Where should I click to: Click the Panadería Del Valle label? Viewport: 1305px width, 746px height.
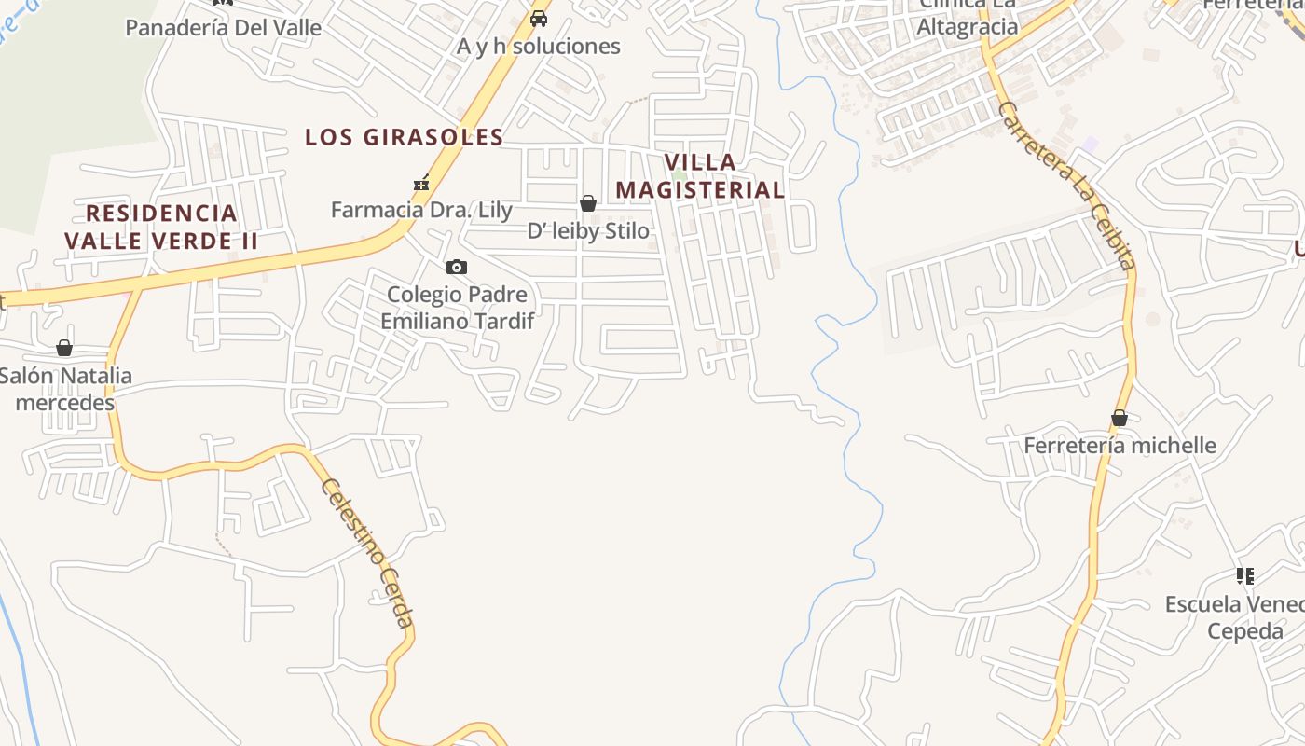tap(223, 27)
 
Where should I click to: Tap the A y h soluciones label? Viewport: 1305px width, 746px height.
tap(538, 46)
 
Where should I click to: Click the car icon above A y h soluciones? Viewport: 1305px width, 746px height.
tap(539, 18)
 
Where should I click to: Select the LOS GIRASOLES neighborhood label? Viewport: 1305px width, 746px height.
tap(405, 137)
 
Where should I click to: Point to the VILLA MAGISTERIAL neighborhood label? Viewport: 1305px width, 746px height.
tap(700, 175)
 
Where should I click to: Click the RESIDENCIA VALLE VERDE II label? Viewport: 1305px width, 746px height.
tap(161, 227)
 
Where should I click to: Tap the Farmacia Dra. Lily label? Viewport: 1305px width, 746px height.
tap(421, 210)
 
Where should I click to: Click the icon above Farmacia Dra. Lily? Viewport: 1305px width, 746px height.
tap(421, 183)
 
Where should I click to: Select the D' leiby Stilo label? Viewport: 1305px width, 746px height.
tap(588, 230)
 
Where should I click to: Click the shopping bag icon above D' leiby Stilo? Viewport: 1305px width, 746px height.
tap(588, 203)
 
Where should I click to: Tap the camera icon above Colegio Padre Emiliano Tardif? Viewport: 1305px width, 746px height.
tap(457, 268)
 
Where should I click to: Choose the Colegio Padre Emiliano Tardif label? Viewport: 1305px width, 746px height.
tap(457, 308)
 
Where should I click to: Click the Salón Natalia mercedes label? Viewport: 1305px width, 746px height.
tap(65, 389)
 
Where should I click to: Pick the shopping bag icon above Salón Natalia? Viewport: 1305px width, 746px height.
tap(64, 348)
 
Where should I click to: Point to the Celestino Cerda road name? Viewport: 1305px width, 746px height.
tap(367, 552)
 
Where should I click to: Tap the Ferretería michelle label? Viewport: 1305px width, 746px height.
tap(1120, 445)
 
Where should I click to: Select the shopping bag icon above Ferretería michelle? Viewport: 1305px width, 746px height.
tap(1120, 418)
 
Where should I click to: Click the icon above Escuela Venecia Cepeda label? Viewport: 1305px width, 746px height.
tap(1244, 576)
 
